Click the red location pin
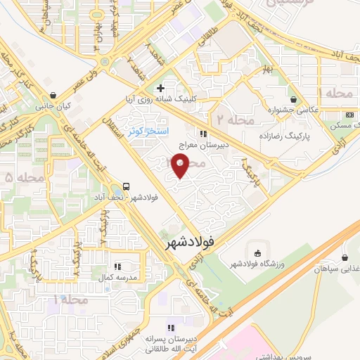[x=181, y=167]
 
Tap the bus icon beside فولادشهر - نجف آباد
[x=126, y=186]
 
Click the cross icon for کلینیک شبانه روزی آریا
[x=161, y=88]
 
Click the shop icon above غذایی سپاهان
[x=344, y=257]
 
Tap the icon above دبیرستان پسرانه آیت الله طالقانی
[x=170, y=328]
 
